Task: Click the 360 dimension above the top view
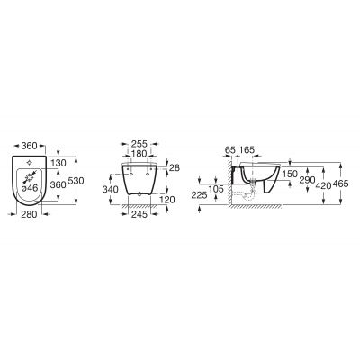[x=31, y=144]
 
